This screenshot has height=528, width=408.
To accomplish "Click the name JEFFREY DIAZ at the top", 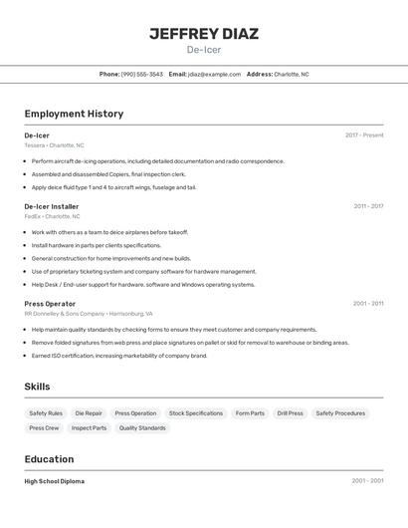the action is (204, 33).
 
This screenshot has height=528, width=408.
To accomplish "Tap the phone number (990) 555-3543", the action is (141, 74).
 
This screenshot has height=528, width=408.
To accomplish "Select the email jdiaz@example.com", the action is (214, 74).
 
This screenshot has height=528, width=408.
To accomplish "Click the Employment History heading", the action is (74, 114).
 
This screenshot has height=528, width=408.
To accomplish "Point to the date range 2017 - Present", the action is (364, 135).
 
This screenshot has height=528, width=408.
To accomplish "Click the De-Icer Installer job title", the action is (52, 206).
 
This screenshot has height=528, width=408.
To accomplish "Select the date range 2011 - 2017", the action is (368, 206).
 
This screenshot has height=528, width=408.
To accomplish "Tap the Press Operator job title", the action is (50, 303).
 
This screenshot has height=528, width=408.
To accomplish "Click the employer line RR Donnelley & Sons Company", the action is (64, 313).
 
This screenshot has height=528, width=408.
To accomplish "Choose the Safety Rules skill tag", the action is (46, 412).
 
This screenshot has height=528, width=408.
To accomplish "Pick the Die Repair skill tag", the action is (89, 412).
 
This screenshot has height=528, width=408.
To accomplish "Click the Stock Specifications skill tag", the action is (196, 412).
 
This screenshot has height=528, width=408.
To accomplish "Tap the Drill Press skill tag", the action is (291, 412).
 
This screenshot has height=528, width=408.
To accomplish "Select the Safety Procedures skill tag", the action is (340, 412).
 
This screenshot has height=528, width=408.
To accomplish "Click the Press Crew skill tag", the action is (44, 427).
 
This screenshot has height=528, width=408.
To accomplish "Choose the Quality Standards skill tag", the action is (142, 427).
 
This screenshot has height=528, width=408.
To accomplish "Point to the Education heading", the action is (49, 459).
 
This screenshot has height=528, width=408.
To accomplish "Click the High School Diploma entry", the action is (55, 481).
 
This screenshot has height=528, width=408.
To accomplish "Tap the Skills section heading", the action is (38, 387).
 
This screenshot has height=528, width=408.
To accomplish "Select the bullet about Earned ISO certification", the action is (119, 355).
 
